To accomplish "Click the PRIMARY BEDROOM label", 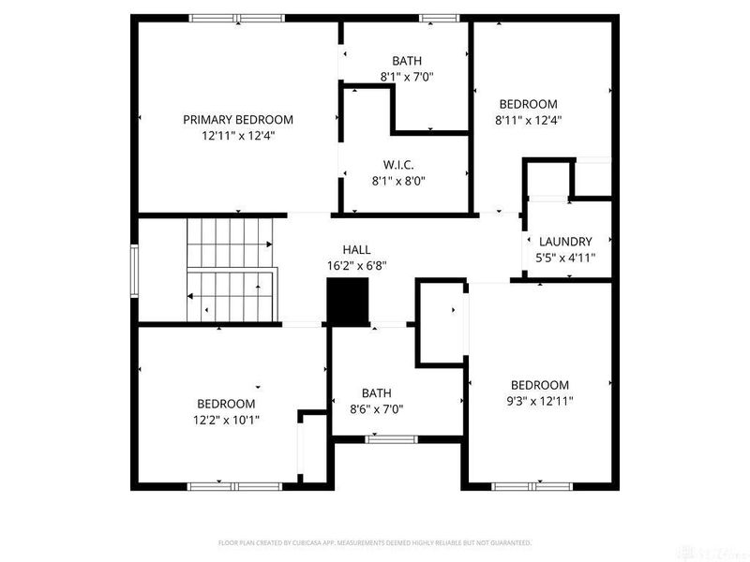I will [x=237, y=119].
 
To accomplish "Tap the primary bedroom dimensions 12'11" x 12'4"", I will [x=237, y=136].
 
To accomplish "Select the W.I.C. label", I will [x=398, y=165].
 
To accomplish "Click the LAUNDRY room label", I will [x=565, y=241].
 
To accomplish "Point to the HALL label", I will [x=356, y=250].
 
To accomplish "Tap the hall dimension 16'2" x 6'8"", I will [x=356, y=265].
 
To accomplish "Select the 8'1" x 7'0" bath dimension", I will [x=407, y=77].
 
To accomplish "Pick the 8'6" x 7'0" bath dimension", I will [x=376, y=409].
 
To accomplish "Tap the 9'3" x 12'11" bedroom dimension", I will [x=539, y=401].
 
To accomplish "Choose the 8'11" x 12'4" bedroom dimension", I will [x=528, y=120].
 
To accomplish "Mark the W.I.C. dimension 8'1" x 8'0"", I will [x=398, y=182].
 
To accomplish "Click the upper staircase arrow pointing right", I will [x=269, y=244].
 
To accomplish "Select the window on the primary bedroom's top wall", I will [x=236, y=18].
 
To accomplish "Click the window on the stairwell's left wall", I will [x=135, y=270].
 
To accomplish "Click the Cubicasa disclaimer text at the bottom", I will [x=375, y=542].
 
